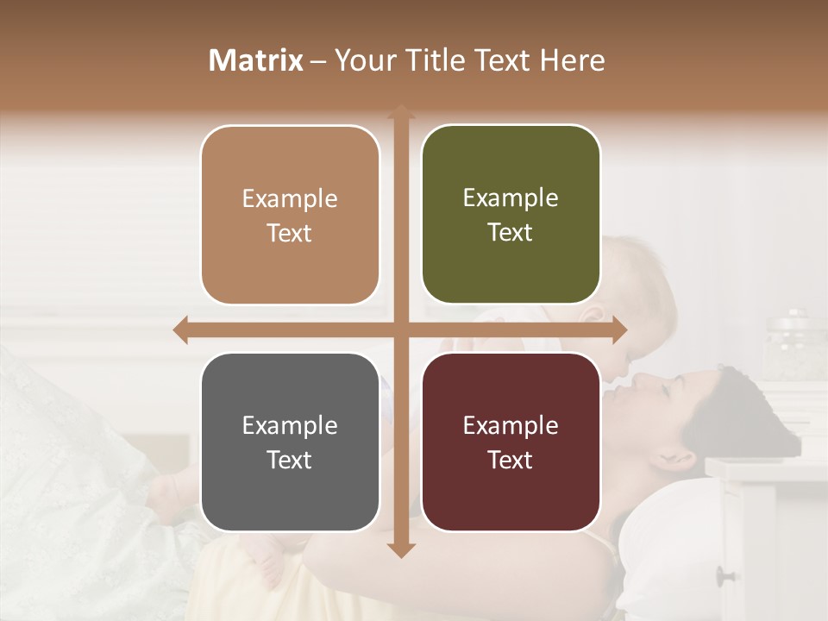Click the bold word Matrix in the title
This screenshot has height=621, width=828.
point(256,60)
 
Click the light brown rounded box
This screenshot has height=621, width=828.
point(290,215)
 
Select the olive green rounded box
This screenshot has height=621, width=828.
point(511,215)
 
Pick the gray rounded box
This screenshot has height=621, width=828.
point(290,442)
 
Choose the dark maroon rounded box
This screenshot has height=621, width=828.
point(511,442)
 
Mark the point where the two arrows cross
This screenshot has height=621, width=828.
point(400,329)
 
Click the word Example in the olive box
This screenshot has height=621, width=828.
point(511,198)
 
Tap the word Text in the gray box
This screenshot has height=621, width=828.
point(290,460)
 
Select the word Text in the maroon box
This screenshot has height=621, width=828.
point(511,460)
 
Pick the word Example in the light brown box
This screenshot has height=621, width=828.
point(290,199)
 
